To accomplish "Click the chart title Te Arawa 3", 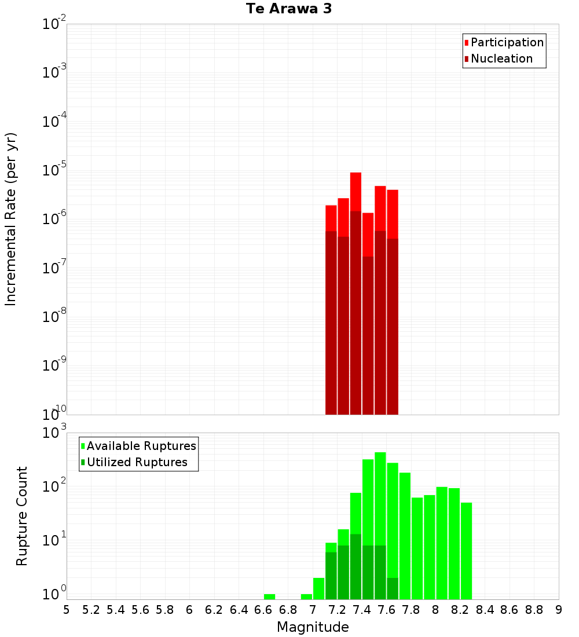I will pos(288,9).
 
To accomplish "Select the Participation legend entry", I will pos(507,42).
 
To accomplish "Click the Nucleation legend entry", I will pos(501,58).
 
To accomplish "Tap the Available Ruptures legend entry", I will pos(141,446).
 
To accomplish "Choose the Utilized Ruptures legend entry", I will pos(137,462).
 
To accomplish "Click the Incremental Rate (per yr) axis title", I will pos(12,219).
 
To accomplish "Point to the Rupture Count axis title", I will pos(22,515).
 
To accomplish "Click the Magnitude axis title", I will pos(313,627).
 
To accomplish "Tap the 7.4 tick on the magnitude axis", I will pos(362,610).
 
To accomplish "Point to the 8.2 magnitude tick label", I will pos(460,610).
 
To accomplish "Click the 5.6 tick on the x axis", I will pos(140,610).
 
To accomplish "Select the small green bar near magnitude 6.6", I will pos(269,596).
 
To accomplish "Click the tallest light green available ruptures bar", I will pos(380,498).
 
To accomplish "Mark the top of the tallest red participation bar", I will pos(356,174).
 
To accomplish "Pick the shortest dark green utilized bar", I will pos(393,588).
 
